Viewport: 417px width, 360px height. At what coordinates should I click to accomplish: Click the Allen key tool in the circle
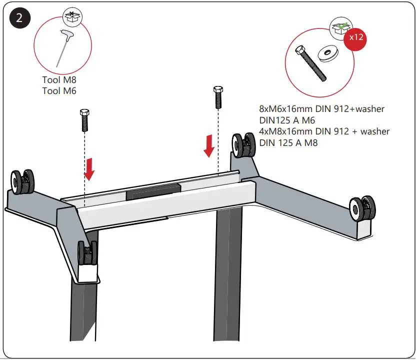63,48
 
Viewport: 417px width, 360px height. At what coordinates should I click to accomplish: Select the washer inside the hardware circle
328,51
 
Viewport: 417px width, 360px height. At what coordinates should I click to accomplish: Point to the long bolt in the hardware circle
310,63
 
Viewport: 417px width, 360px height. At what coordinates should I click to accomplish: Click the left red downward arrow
89,168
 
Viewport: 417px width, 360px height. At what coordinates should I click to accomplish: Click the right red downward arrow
210,145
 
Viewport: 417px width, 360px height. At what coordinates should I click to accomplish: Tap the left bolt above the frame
84,120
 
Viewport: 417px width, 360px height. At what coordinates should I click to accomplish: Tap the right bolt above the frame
217,98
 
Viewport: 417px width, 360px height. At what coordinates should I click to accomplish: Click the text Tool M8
59,80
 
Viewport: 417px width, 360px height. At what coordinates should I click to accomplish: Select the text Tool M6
59,90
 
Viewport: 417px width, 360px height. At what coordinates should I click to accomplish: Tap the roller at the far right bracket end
361,207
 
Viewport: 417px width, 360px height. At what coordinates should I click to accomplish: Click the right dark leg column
229,280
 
